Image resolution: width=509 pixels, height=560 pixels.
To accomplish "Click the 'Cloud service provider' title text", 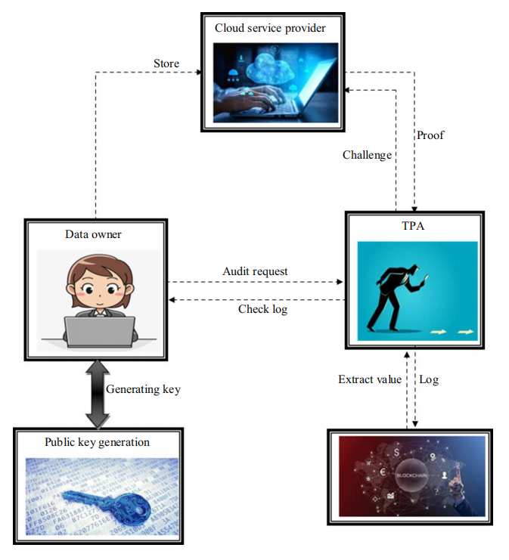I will (x=269, y=28).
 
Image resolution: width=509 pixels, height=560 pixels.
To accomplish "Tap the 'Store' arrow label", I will (x=166, y=63).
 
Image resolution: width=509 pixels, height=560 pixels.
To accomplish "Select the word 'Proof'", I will (x=430, y=135).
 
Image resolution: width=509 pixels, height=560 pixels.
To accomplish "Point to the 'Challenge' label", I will (x=367, y=155).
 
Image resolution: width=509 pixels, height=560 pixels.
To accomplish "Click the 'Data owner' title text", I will (x=95, y=234).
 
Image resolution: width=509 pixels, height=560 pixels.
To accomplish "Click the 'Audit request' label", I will (x=255, y=271).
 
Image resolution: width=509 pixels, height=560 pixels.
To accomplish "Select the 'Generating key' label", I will (x=143, y=389).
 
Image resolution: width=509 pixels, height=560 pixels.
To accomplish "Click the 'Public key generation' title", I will (x=97, y=442).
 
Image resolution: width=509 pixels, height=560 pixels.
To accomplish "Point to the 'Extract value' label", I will (x=370, y=379).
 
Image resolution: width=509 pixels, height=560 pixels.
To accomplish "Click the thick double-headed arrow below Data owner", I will (x=97, y=393).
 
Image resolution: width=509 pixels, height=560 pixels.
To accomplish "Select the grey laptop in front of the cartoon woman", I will (x=99, y=330).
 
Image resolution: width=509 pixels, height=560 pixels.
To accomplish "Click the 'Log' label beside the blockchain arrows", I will (x=429, y=379).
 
